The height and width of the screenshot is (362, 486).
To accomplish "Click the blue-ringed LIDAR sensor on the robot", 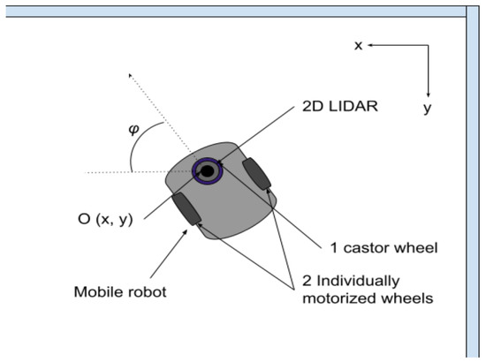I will (x=209, y=171).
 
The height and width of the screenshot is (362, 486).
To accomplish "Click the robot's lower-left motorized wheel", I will (x=186, y=208).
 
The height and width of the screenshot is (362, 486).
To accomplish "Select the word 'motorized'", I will (x=335, y=298).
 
